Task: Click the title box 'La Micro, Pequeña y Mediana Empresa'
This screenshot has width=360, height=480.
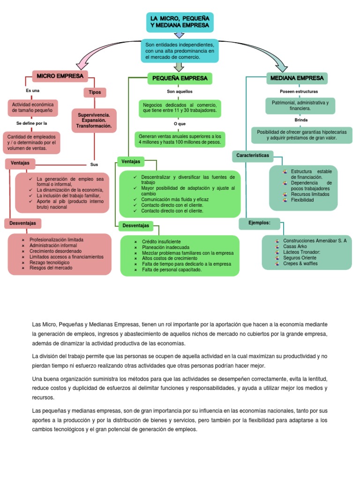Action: coord(180,22)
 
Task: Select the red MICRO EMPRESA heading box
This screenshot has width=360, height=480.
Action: coord(60,75)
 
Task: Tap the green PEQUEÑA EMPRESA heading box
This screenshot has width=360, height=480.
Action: coord(180,78)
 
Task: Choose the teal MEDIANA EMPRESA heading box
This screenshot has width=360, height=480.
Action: coord(297,78)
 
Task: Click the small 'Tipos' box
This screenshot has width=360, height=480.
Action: coord(95,92)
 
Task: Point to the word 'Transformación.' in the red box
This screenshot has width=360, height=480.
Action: coord(94,126)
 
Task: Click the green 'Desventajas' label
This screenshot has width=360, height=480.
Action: coord(135,225)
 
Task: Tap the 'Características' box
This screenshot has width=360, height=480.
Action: coord(253,155)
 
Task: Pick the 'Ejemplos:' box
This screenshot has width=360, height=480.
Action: coord(259,223)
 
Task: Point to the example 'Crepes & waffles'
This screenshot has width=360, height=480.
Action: coord(300,263)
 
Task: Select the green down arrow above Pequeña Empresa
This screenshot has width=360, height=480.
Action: coord(179,67)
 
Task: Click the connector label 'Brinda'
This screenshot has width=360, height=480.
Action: coord(301,120)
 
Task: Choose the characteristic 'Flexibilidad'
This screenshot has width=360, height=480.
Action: coord(302,200)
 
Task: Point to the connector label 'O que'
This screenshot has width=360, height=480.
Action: coord(180,123)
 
